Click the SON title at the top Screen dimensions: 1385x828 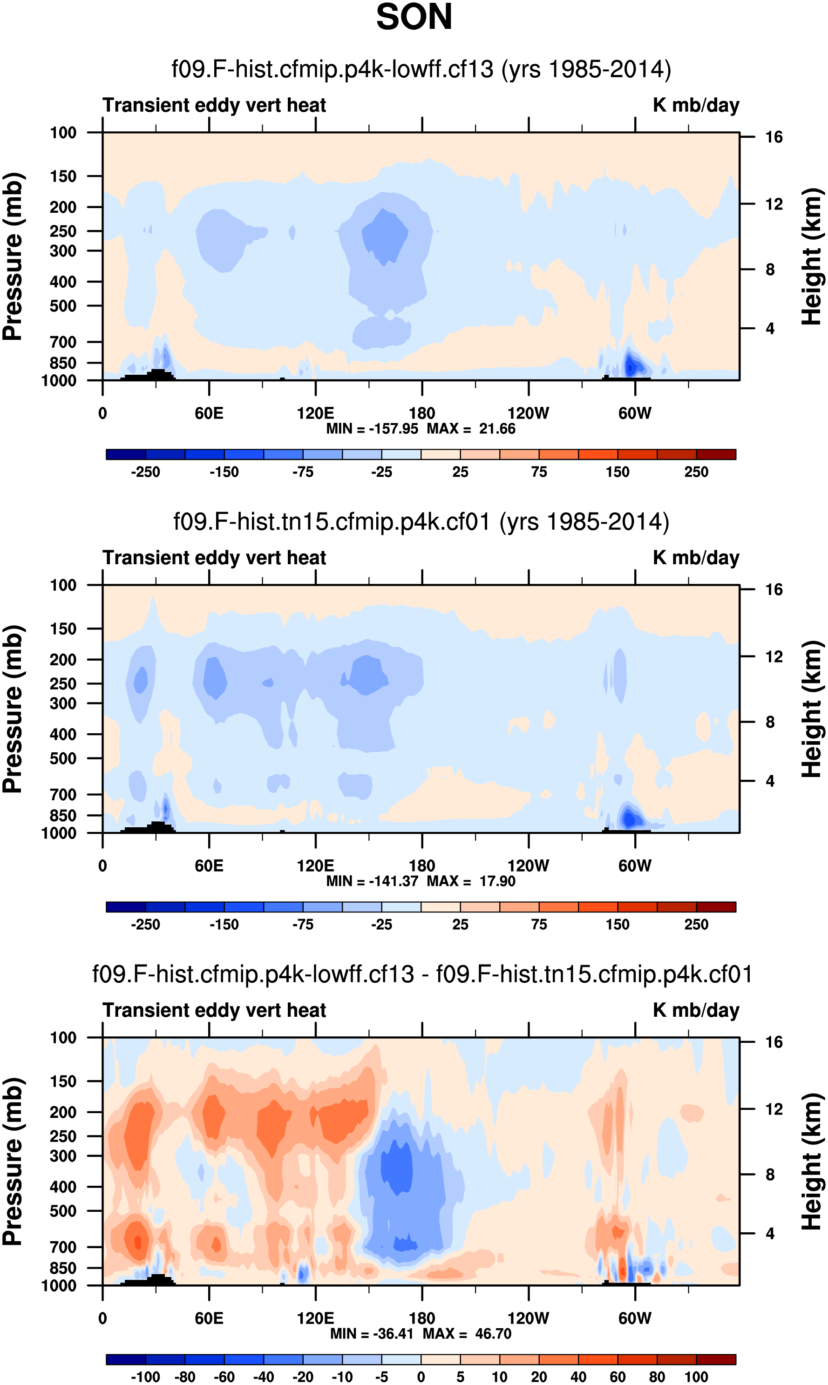pos(414,17)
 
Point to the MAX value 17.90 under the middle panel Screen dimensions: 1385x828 pos(497,881)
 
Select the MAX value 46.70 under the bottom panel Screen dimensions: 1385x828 pos(493,1333)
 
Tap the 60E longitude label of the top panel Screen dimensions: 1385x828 pos(209,413)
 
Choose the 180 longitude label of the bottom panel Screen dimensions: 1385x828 pos(422,1318)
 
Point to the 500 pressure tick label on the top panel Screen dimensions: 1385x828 pos(62,306)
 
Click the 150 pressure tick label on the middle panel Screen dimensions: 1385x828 pos(62,628)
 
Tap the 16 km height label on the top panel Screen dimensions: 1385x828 pos(774,137)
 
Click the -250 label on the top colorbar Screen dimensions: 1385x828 pos(145,472)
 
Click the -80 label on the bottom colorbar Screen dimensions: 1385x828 pos(185,1377)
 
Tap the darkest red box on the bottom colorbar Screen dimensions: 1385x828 pos(716,1359)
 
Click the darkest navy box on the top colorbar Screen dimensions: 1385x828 pos(126,454)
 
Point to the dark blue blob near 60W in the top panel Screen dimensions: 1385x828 pos(631,366)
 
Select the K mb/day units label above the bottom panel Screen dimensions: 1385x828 pos(696,1010)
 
